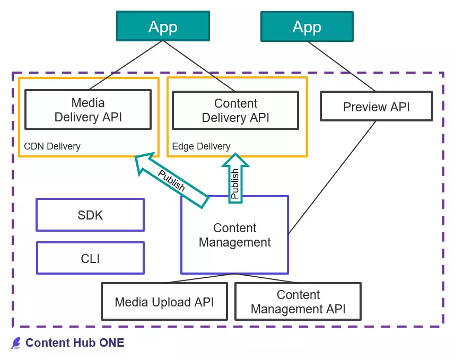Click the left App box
point(162,27)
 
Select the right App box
point(307,27)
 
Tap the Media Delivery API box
point(88,109)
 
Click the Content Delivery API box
point(235,110)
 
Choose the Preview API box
point(376,107)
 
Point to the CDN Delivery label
point(52,146)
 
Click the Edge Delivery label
point(201,146)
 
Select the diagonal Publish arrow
point(171,180)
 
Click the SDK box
point(90,215)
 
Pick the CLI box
point(90,258)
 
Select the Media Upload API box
point(164,302)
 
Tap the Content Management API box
point(298,302)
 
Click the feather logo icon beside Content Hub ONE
point(16,343)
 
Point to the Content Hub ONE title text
point(75,343)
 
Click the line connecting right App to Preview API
point(342,66)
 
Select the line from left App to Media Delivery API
point(125,66)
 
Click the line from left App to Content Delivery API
point(199,66)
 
